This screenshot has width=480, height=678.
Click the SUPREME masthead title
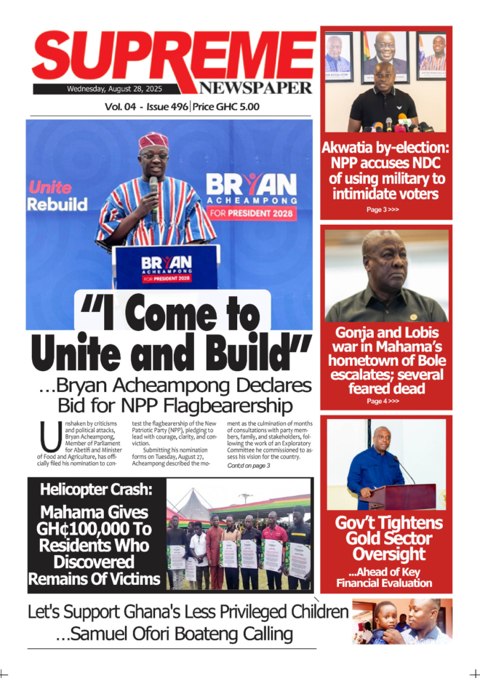coord(173,57)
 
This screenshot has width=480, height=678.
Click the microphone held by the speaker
coord(153,188)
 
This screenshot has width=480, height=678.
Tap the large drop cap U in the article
coord(51,437)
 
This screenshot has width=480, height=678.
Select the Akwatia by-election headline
coord(385,170)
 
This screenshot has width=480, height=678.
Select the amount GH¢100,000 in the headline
coord(95,529)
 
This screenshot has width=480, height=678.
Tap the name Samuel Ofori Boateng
coord(173,634)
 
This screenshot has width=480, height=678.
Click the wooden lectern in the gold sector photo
coord(402,497)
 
